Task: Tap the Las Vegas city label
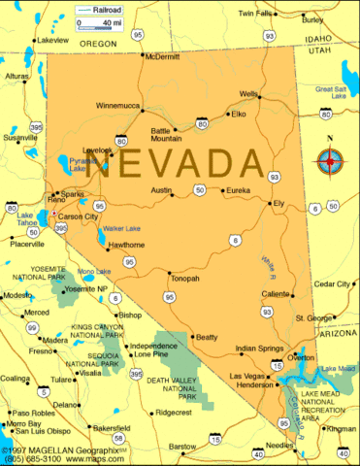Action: [245, 376]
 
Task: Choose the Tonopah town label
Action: [184, 279]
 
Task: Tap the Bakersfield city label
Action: [111, 427]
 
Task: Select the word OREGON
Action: [97, 44]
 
